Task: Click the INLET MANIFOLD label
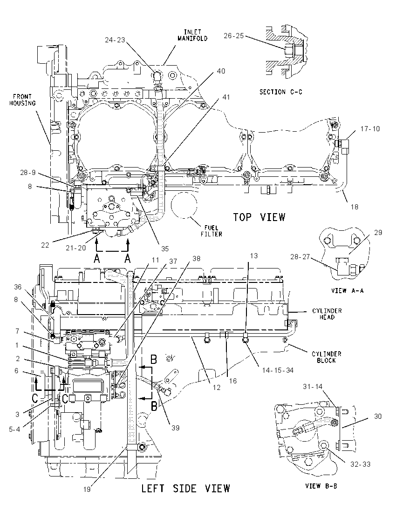(192, 35)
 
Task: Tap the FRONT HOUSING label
(22, 100)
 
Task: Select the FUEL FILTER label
(212, 231)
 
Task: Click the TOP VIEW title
(259, 217)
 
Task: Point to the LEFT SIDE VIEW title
(185, 488)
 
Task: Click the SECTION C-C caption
(281, 92)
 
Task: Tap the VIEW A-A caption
(348, 290)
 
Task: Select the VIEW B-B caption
(321, 486)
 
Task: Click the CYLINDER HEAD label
(327, 314)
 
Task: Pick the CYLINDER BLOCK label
(326, 357)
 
